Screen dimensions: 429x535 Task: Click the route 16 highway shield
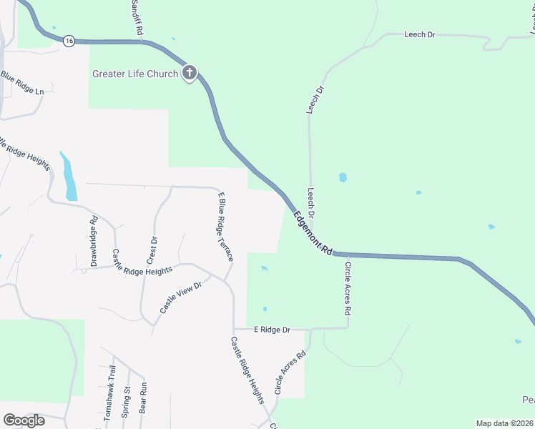[69, 41]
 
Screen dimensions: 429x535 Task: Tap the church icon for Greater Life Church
[190, 73]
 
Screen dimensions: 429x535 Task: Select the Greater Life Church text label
[134, 74]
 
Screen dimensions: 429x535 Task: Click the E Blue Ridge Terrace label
[224, 226]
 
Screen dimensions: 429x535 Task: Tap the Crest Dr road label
[152, 249]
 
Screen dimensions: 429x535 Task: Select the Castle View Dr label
[181, 296]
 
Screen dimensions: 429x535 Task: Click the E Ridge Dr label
[272, 330]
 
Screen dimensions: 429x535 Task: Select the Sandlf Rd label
[137, 19]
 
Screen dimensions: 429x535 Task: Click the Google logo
[24, 420]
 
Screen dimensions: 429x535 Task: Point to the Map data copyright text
[504, 423]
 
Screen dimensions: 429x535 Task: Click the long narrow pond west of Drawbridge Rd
[69, 177]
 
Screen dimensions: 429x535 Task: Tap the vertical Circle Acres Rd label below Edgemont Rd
[348, 288]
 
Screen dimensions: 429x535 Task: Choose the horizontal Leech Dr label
[420, 34]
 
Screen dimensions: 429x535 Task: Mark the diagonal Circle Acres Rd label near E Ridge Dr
[291, 373]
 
